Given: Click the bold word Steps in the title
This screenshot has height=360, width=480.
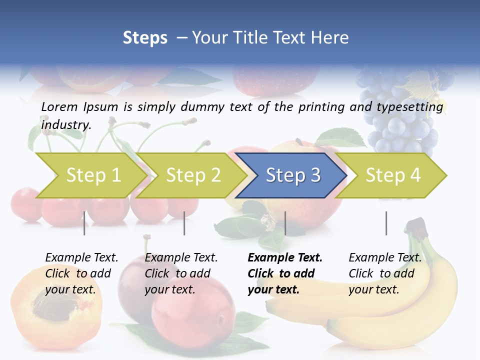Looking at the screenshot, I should pyautogui.click(x=145, y=37).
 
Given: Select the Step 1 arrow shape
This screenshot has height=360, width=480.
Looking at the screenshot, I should pyautogui.click(x=90, y=175).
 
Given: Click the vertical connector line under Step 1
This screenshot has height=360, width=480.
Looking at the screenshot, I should pyautogui.click(x=84, y=223).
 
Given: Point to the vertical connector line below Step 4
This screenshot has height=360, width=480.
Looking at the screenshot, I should pyautogui.click(x=386, y=223).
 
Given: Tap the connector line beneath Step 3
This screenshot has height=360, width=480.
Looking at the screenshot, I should pyautogui.click(x=285, y=223).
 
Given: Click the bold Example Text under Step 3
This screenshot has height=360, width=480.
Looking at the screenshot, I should pyautogui.click(x=285, y=273).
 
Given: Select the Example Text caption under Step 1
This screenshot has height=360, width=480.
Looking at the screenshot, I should pyautogui.click(x=81, y=273).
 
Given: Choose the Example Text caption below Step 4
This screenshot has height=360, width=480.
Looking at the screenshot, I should pyautogui.click(x=385, y=273).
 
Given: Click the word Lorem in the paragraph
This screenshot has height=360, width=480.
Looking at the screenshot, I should pyautogui.click(x=60, y=106).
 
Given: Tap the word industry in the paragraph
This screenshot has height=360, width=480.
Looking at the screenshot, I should pyautogui.click(x=65, y=125).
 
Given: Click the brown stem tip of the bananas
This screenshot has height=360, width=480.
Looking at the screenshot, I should pyautogui.click(x=415, y=226).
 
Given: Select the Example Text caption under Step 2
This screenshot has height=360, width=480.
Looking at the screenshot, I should pyautogui.click(x=181, y=273).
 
